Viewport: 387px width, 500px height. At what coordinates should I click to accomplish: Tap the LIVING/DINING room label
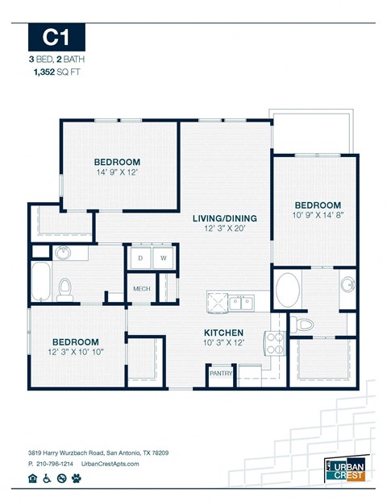point(224,218)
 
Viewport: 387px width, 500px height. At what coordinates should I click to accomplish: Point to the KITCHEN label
point(223,333)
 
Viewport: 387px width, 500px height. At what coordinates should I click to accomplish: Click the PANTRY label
point(220,374)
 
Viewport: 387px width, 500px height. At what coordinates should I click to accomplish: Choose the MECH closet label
point(142,288)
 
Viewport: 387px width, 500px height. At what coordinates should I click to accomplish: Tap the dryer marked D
point(139,258)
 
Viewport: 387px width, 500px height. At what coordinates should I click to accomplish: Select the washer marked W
point(163,258)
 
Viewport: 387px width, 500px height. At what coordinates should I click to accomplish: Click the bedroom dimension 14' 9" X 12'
point(117,172)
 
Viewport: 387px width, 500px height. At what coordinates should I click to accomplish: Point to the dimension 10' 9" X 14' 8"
point(317,216)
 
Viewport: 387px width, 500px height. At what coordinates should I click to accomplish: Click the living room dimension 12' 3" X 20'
point(224,229)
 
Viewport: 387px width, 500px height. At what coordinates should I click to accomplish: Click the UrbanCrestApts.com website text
point(123,465)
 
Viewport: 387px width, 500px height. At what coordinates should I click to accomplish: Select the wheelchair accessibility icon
point(47,478)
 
